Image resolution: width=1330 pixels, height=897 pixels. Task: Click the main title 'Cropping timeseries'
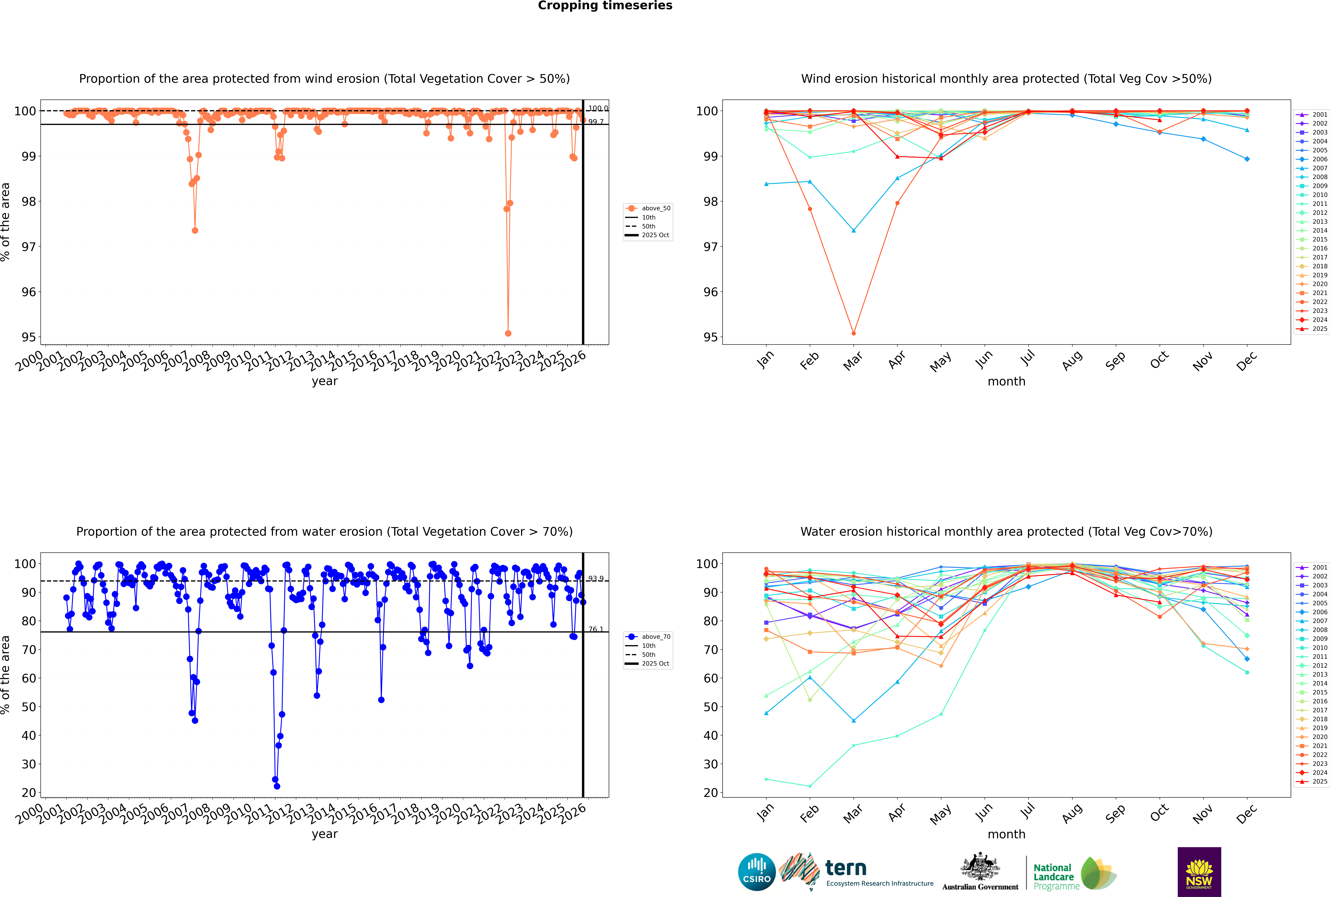pyautogui.click(x=605, y=6)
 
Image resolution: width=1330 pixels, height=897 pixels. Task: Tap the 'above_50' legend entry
pyautogui.click(x=655, y=208)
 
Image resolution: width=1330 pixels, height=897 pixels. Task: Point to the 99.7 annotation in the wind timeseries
pyautogui.click(x=596, y=122)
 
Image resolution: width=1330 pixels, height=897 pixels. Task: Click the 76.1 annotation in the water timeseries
pyautogui.click(x=596, y=629)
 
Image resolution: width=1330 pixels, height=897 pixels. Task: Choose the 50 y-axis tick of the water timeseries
pyautogui.click(x=29, y=707)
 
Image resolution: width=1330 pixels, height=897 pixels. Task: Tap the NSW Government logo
pyautogui.click(x=1199, y=872)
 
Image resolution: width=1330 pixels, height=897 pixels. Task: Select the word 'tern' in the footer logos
pyautogui.click(x=846, y=868)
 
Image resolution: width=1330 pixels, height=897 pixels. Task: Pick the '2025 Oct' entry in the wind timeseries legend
pyautogui.click(x=655, y=235)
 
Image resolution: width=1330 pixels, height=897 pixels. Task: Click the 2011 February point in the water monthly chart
pyautogui.click(x=810, y=786)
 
